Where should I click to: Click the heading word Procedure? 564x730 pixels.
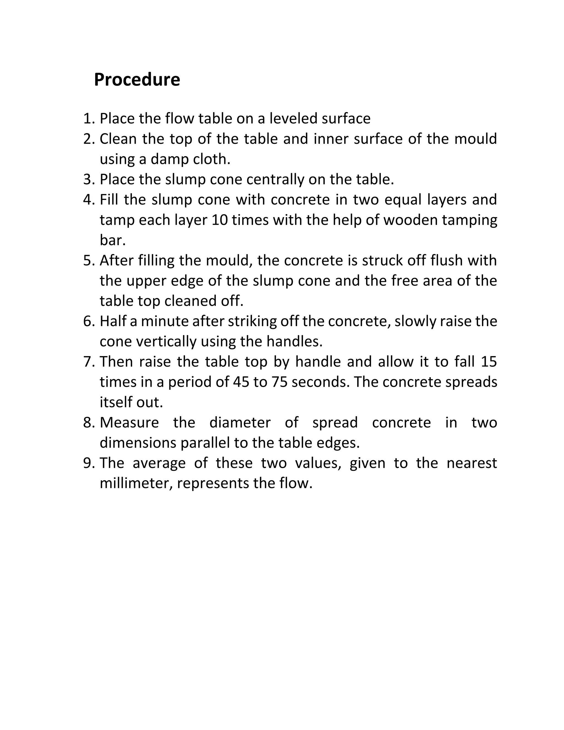[137, 80]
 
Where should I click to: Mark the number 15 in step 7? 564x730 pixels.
[489, 362]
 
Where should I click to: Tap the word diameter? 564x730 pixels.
[240, 423]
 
